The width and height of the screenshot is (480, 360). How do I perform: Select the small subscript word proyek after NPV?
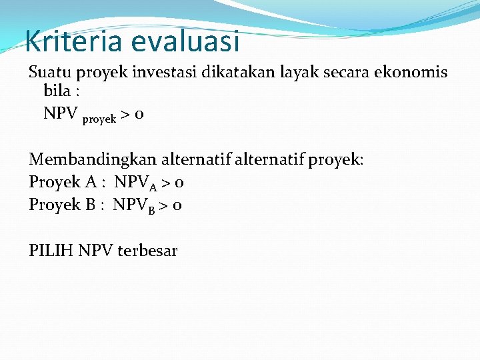[99, 119]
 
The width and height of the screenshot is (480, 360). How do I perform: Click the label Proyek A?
[65, 182]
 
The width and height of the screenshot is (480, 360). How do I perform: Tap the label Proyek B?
[64, 205]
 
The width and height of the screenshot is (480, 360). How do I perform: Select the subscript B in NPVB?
[152, 209]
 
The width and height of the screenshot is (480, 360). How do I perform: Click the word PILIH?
[51, 251]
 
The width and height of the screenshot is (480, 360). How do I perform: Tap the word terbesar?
[147, 251]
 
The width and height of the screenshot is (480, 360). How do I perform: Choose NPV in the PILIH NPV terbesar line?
[96, 251]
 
